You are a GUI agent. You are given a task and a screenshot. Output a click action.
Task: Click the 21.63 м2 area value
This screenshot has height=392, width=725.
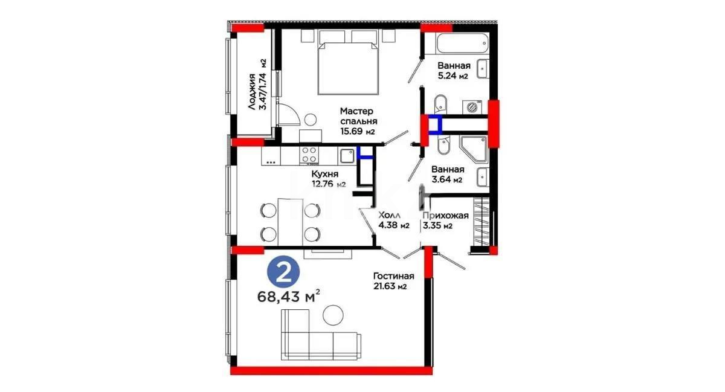pos(390,287)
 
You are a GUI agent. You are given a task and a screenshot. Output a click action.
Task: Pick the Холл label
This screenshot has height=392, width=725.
pos(387,215)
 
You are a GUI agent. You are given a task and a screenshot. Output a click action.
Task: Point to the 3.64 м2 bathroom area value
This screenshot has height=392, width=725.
pos(448,180)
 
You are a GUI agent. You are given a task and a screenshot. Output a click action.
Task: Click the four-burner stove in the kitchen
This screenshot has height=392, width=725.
pos(310,156)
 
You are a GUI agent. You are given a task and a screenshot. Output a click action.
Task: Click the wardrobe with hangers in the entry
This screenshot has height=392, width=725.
pos(483,222)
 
